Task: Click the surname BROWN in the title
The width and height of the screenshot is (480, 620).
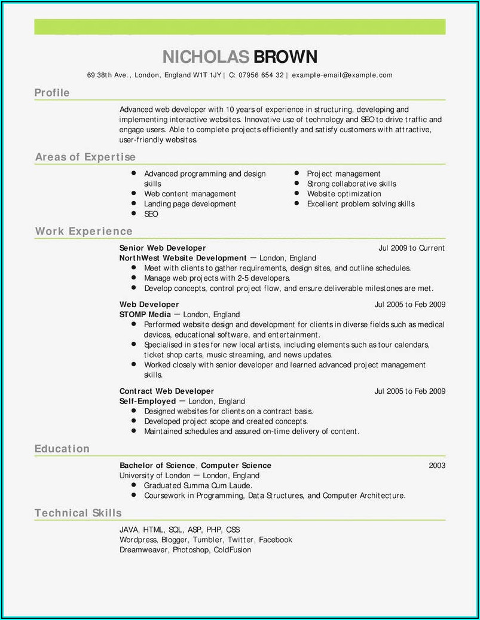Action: (x=285, y=57)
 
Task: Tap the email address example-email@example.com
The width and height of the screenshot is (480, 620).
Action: (x=342, y=75)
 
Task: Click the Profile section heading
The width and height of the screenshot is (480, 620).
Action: (x=52, y=93)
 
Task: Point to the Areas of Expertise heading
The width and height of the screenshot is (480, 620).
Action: (x=85, y=157)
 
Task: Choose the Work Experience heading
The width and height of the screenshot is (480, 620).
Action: (x=83, y=231)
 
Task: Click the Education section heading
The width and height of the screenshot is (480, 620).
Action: (x=62, y=449)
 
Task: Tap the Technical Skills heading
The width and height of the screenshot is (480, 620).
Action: (x=78, y=513)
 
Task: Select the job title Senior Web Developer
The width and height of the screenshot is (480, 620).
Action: (x=162, y=248)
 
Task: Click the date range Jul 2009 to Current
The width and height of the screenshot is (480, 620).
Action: (x=411, y=248)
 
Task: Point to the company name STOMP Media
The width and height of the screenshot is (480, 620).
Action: (x=141, y=314)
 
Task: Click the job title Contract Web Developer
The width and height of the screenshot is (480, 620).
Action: (x=166, y=391)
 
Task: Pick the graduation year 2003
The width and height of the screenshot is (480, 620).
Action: (x=437, y=466)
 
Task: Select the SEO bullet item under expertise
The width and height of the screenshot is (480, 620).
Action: (x=151, y=214)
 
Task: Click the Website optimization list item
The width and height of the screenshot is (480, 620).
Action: (x=344, y=194)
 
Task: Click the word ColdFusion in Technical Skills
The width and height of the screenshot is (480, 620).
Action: (x=232, y=549)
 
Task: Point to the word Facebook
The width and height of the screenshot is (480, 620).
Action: (x=275, y=540)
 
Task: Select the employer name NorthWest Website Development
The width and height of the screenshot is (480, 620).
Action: (x=183, y=258)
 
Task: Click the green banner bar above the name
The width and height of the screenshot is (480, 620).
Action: (x=240, y=26)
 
